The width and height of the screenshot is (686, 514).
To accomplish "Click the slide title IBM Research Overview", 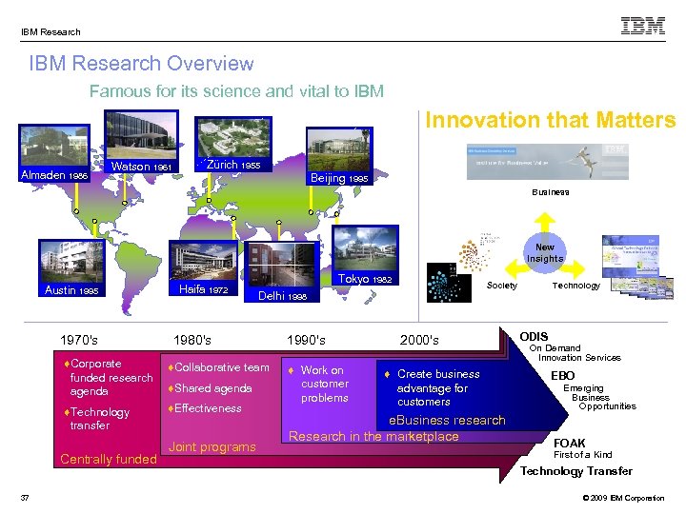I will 141,64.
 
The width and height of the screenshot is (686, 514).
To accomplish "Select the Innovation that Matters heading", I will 550,120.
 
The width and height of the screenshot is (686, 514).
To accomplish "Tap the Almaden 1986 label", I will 53,175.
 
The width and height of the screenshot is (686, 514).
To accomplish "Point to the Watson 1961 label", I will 142,167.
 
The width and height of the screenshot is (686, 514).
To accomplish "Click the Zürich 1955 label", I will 232,165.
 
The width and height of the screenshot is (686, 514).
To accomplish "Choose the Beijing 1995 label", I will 339,178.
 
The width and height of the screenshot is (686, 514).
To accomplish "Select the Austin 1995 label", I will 71,290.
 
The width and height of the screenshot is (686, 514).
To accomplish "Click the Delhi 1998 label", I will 282,296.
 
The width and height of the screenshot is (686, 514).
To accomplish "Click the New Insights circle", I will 545,253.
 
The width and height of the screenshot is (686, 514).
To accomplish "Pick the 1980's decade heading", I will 192,340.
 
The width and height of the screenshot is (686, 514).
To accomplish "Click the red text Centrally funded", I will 108,460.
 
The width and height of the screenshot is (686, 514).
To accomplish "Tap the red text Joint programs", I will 212,447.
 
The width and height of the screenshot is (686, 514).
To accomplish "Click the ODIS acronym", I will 535,336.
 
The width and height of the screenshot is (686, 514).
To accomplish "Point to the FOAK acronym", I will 570,443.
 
